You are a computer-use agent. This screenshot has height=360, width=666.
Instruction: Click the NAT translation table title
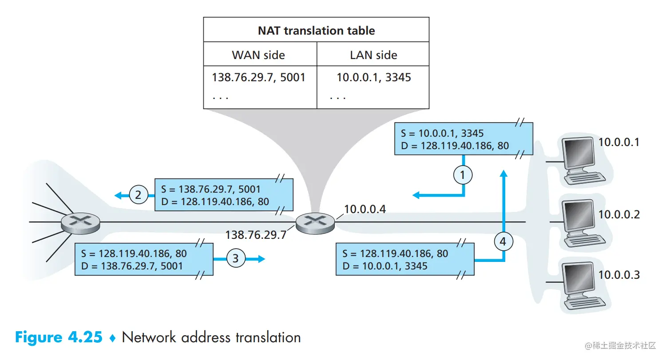tap(316, 31)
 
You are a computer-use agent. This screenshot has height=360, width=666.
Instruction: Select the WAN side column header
tap(258, 55)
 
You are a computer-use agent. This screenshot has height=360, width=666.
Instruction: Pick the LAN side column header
tap(373, 55)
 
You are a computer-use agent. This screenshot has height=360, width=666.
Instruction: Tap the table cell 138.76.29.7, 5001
tap(259, 77)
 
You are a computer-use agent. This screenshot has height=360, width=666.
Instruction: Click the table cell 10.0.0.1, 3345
tap(374, 77)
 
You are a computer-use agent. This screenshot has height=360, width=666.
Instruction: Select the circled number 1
tap(463, 175)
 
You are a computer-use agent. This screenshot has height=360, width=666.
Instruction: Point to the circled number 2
tap(138, 195)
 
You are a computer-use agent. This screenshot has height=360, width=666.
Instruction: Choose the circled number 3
tap(236, 259)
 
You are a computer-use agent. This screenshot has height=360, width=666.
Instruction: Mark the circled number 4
tap(503, 242)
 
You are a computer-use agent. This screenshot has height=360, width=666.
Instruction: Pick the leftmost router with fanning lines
tap(80, 222)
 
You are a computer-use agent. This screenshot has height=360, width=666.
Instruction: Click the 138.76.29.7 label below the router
tap(256, 235)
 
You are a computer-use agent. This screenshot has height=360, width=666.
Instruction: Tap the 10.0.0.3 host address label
tap(619, 275)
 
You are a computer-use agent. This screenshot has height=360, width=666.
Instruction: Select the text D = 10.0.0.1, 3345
tap(385, 266)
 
